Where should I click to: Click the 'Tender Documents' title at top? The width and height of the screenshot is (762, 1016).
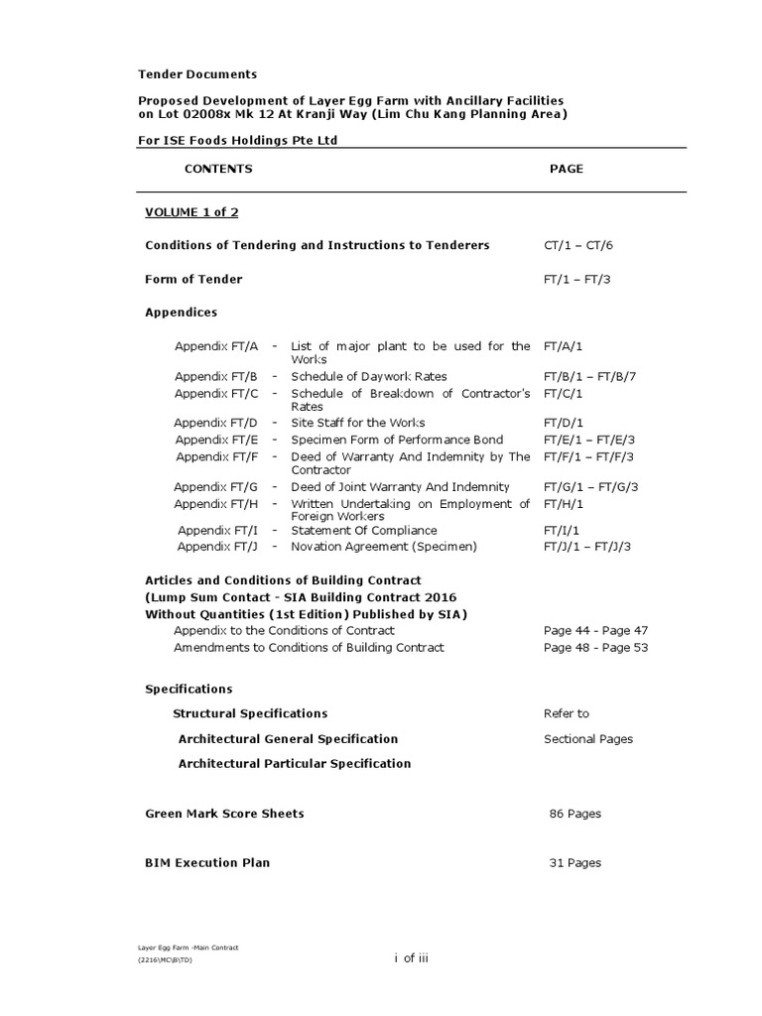pos(196,74)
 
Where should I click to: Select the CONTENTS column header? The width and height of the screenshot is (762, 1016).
pos(218,169)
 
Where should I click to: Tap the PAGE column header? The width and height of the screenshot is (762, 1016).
pos(566,169)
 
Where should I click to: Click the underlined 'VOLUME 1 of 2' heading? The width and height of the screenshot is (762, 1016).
pos(191,212)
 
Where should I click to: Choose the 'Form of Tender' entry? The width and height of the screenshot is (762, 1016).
pos(193,279)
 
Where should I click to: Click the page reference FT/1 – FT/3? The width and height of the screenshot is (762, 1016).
pos(576,279)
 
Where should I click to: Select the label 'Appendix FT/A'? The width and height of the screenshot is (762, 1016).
pos(216,346)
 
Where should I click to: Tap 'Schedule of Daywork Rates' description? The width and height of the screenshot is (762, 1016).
pos(368,376)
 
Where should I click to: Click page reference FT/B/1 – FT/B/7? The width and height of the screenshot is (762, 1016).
pos(589,376)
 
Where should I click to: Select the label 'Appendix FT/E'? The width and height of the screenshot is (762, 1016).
pos(216,440)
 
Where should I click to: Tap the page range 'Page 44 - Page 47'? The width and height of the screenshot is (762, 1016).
pos(595,630)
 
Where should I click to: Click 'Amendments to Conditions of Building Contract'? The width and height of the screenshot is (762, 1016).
pos(309,647)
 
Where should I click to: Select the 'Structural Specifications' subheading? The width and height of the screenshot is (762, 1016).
pos(250,713)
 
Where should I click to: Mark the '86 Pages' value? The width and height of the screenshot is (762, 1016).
pos(575,814)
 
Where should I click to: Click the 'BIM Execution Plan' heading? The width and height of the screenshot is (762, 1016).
pos(207,862)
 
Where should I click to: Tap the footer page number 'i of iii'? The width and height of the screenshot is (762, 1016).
pos(411,956)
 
